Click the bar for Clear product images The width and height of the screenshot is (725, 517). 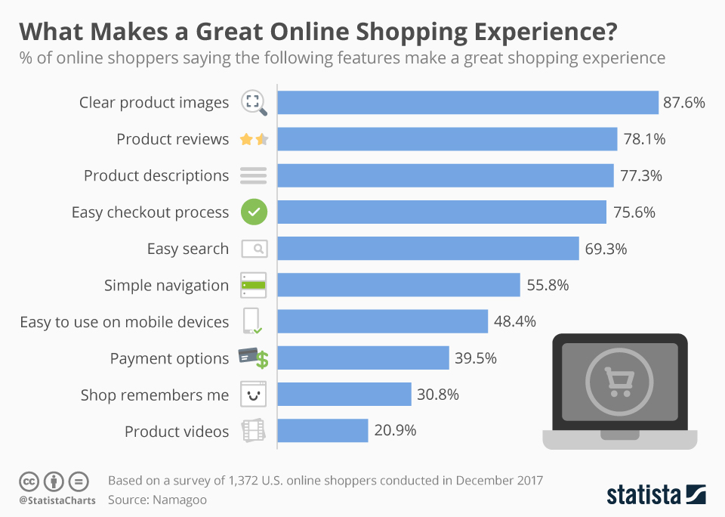coord(468,102)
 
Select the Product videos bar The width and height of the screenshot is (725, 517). coord(323,431)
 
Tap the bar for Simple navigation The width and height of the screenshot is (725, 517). coord(399,285)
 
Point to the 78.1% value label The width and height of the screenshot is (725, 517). coord(644,139)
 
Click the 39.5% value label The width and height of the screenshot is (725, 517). coord(476,358)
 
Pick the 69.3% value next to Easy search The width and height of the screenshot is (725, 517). coord(606,249)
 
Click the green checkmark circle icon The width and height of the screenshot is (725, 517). coord(254,212)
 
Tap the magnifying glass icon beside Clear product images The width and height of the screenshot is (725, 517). coord(254,103)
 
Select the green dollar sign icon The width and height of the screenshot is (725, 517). coord(262,360)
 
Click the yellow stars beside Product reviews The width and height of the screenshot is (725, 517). coord(254,139)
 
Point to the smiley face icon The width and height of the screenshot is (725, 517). coord(254,395)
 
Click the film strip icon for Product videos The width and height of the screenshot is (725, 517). coord(254,431)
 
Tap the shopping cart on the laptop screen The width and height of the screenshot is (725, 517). coord(619,380)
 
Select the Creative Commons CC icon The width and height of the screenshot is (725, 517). coord(29,481)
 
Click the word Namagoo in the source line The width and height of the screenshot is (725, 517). coord(180,500)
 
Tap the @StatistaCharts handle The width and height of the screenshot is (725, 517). coord(57,500)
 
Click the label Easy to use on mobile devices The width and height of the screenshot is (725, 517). coord(124,322)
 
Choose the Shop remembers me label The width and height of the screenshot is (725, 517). coord(154,395)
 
